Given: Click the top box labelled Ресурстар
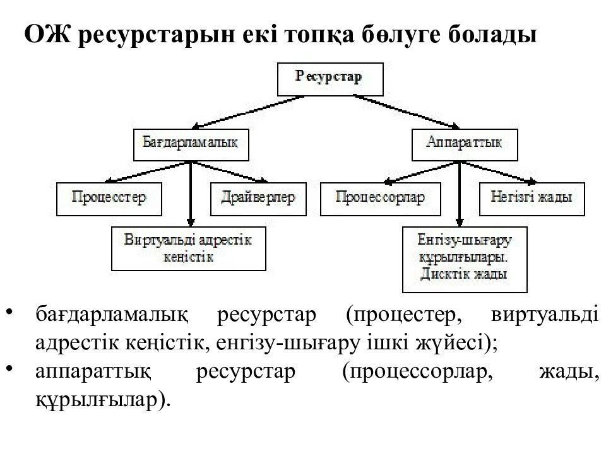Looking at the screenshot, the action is (330, 79).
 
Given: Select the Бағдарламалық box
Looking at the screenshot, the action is (191, 145).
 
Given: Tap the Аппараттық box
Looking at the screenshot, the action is (465, 145).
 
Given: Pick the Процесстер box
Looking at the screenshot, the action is (109, 199).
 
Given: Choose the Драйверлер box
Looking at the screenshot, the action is (258, 199).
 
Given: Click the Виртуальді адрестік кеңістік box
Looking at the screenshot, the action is (189, 248).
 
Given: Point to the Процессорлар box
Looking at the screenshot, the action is (380, 199).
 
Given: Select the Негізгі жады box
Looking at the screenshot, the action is (532, 199).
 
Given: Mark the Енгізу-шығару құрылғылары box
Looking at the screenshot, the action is (465, 259).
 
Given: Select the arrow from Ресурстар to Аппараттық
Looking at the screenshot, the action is (407, 112).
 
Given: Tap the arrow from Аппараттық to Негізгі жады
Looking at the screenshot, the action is (499, 172).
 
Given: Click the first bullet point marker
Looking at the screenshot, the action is (10, 311).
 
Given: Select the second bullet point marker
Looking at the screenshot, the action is (10, 368).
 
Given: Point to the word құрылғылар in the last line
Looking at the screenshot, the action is (97, 400).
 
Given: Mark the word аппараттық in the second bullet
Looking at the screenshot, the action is (93, 372).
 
